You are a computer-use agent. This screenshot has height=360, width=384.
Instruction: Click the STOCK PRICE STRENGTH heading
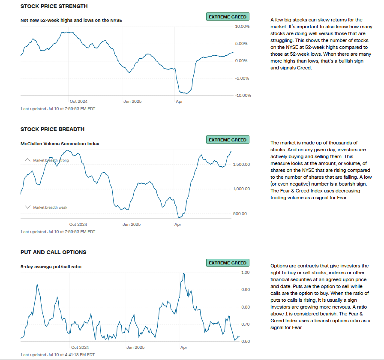pyautogui.click(x=54, y=6)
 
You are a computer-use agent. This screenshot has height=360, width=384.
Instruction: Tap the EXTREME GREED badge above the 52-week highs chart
pyautogui.click(x=228, y=17)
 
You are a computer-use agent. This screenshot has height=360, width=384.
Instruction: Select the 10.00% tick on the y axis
pyautogui.click(x=243, y=27)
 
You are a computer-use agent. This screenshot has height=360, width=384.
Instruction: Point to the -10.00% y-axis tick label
pyautogui.click(x=242, y=95)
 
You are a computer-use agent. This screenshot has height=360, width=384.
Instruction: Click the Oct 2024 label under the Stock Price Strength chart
pyautogui.click(x=78, y=102)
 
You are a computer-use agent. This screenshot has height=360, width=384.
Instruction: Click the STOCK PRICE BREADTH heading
pyautogui.click(x=52, y=129)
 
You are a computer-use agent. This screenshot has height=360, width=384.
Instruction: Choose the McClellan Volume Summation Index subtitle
pyautogui.click(x=60, y=144)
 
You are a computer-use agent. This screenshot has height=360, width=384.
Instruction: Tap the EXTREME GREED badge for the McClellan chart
pyautogui.click(x=228, y=140)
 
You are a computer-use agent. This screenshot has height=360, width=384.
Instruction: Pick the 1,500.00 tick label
pyautogui.click(x=242, y=165)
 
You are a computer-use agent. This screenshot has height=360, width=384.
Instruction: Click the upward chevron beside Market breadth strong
pyautogui.click(x=28, y=160)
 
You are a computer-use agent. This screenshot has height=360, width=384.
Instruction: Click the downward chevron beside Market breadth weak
pyautogui.click(x=28, y=207)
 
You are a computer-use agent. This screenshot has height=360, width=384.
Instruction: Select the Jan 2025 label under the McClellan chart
pyautogui.click(x=131, y=224)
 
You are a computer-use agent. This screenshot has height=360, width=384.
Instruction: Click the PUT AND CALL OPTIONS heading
pyautogui.click(x=53, y=252)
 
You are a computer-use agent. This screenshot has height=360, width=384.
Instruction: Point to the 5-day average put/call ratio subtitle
pyautogui.click(x=51, y=267)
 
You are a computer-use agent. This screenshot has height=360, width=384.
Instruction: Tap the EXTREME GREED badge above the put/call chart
pyautogui.click(x=228, y=263)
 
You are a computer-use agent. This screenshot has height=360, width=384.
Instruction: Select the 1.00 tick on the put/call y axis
pyautogui.click(x=245, y=273)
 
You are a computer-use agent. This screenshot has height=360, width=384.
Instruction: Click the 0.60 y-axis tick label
pyautogui.click(x=245, y=342)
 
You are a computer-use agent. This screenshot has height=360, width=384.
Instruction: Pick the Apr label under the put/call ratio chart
pyautogui.click(x=183, y=348)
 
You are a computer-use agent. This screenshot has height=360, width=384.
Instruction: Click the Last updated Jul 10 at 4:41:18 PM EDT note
pyautogui.click(x=58, y=355)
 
